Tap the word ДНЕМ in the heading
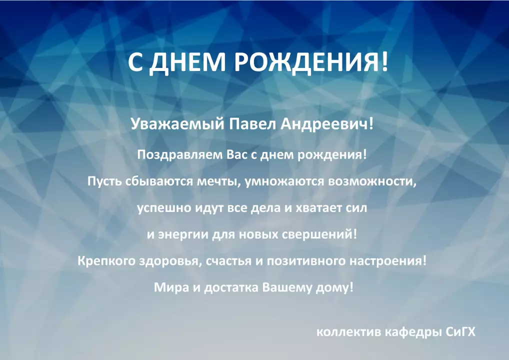(188, 62)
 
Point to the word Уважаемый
(177, 124)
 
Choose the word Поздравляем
(180, 155)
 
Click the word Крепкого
(106, 261)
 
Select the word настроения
(386, 261)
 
